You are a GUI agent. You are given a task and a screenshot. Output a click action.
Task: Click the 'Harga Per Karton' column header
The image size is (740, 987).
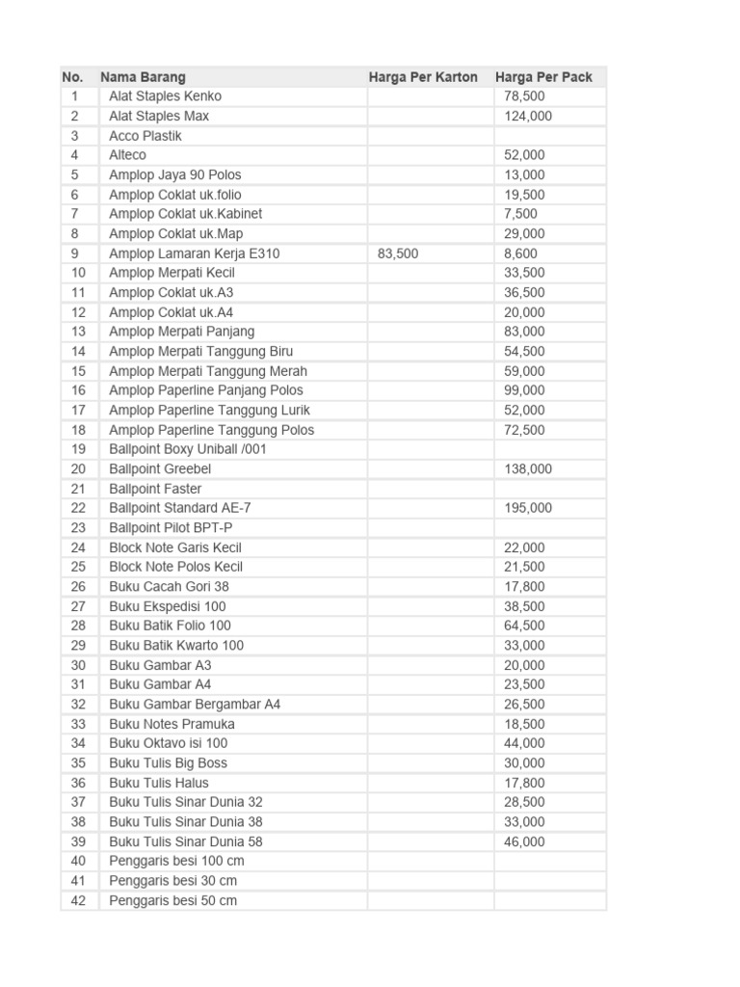coord(423,77)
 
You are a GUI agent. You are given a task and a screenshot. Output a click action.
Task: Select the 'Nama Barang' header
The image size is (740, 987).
coord(143,77)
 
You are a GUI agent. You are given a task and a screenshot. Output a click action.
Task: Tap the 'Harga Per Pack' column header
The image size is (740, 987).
coord(543,77)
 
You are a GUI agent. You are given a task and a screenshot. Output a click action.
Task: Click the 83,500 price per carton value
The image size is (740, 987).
coord(398,253)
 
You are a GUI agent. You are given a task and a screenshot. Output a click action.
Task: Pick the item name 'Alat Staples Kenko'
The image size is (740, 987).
coord(165,96)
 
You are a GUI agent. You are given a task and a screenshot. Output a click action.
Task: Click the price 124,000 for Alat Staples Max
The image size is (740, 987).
coord(528,116)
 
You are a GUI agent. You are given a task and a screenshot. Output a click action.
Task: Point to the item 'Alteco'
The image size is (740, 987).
coord(127,155)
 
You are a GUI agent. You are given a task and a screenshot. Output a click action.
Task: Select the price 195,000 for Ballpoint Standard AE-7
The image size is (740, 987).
coord(528,508)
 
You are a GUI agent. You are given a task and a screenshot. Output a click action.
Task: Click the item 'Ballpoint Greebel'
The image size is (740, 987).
coord(160,468)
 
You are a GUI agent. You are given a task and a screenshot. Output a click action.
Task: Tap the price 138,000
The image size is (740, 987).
coord(528,468)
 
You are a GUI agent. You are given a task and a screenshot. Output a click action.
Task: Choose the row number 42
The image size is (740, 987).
coord(78,900)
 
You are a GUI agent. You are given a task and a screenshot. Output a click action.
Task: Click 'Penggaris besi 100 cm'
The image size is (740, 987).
coord(176,861)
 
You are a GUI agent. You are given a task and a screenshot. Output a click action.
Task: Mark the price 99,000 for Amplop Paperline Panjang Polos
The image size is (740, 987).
coord(524,390)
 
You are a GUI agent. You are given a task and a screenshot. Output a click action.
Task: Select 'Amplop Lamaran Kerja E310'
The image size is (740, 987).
coord(195,253)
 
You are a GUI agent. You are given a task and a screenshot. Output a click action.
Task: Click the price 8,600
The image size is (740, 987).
coord(520,253)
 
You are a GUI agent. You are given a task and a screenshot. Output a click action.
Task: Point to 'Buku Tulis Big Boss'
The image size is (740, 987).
coord(168,762)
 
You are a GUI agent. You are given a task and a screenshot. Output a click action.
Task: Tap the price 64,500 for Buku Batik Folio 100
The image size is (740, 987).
coord(524,626)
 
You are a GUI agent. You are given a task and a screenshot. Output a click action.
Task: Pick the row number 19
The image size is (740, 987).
coord(78,449)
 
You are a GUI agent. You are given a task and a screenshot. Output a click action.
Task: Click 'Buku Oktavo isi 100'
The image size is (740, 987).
coord(168,743)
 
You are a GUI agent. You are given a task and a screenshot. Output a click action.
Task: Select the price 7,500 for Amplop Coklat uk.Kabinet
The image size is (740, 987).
coord(520,214)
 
